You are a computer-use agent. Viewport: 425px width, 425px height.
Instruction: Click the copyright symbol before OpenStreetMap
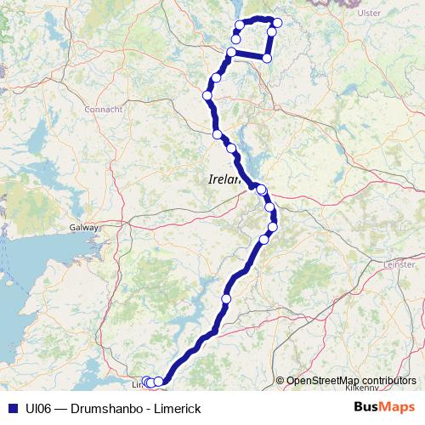pyautogui.click(x=280, y=380)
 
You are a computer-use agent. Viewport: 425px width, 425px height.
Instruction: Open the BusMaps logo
pyautogui.click(x=385, y=407)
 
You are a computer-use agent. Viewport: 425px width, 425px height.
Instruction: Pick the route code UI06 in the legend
pyautogui.click(x=37, y=407)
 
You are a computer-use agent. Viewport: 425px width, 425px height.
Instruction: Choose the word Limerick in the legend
pyautogui.click(x=174, y=407)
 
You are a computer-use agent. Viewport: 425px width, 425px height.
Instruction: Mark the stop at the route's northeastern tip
pyautogui.click(x=277, y=23)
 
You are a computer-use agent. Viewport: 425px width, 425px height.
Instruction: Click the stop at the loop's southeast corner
pyautogui.click(x=267, y=58)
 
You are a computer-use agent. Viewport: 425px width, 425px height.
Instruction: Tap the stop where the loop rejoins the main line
pyautogui.click(x=231, y=53)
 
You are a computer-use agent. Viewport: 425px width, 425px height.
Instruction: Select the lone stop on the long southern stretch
pyautogui.click(x=227, y=299)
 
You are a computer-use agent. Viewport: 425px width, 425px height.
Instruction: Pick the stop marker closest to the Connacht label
pyautogui.click(x=207, y=95)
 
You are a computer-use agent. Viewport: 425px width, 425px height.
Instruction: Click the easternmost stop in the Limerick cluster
pyautogui.click(x=159, y=382)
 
